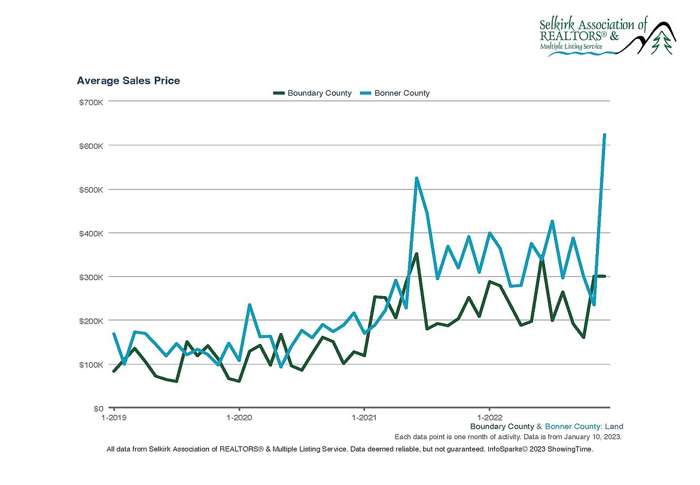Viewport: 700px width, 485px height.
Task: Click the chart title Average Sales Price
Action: coord(128,80)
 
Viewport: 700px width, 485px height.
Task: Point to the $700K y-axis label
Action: coord(92,102)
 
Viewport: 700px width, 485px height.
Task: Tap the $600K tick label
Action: coord(92,146)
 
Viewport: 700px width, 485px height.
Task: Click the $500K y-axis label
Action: coord(92,190)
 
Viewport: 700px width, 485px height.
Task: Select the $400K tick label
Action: coord(92,233)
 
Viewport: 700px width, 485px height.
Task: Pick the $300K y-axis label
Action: coord(92,277)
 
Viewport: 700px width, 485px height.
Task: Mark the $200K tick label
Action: coord(92,321)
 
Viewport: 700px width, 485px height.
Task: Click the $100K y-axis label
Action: coord(92,364)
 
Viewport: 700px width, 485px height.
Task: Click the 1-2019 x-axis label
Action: coord(114,416)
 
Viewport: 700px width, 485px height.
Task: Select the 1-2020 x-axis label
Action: coord(239,416)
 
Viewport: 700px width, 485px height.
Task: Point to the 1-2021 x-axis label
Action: coord(364,416)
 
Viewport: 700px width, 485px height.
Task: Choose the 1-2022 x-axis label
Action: coord(489,416)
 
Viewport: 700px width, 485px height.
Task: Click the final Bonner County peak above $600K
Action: coord(604,135)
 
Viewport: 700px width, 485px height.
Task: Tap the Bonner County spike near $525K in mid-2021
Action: coord(416,178)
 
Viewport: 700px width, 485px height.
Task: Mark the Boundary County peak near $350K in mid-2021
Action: coord(416,254)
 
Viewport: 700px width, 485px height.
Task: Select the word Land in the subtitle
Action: coord(614,426)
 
